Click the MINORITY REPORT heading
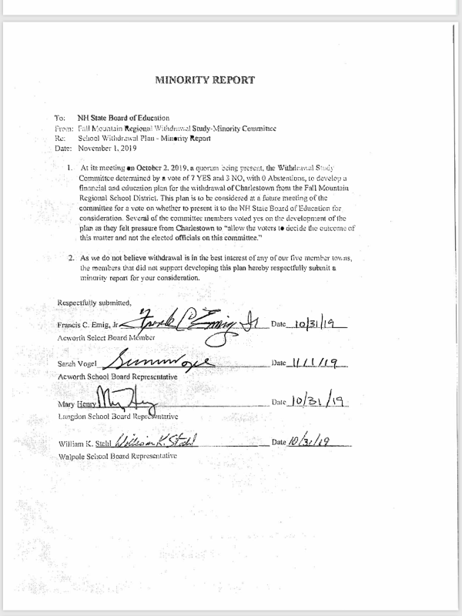(204, 79)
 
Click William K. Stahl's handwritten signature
(156, 441)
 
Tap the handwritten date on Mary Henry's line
(316, 401)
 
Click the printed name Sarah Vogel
(75, 363)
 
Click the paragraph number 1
(71, 166)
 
